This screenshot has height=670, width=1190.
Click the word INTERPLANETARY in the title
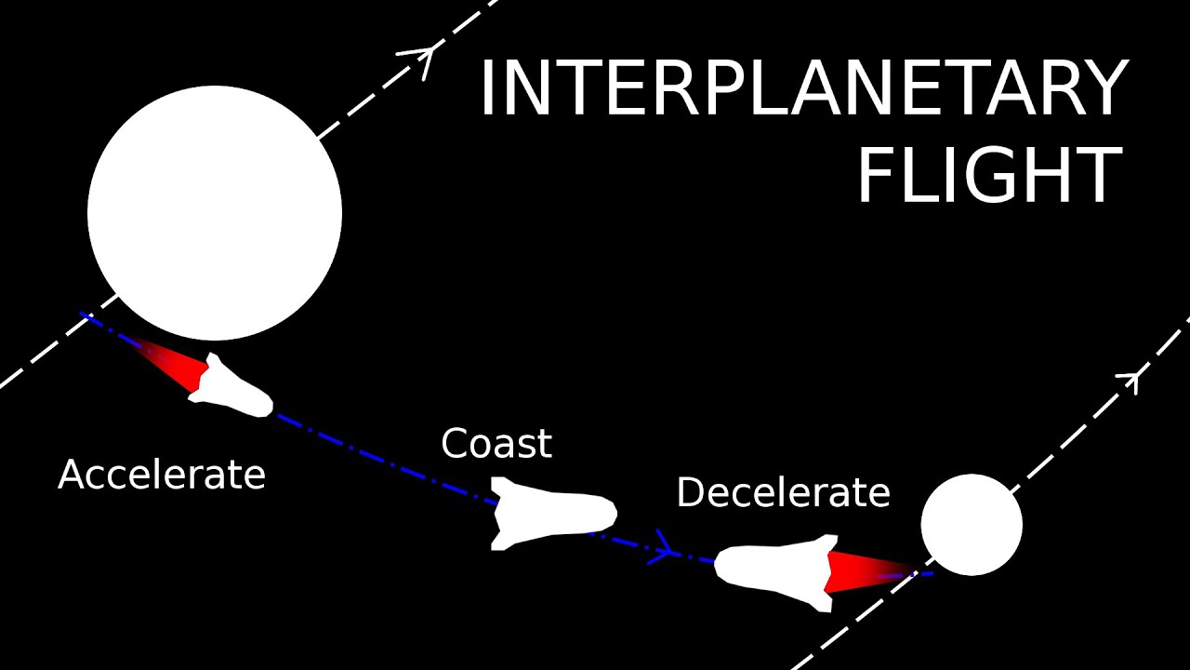tap(803, 89)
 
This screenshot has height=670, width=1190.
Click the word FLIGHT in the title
tap(989, 176)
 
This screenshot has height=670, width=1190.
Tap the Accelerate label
tap(162, 475)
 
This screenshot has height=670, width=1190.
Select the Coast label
tap(496, 443)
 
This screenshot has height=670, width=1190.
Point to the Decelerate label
tap(783, 492)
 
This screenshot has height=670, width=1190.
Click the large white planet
tap(215, 213)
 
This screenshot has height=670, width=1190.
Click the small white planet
tap(972, 525)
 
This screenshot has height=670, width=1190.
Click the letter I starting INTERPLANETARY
tap(486, 89)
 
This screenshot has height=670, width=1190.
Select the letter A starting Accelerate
tap(71, 475)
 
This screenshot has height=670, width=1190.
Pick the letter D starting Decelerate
tap(689, 492)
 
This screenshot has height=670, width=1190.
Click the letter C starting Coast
tap(454, 444)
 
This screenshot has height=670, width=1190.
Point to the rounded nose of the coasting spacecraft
tap(609, 512)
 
